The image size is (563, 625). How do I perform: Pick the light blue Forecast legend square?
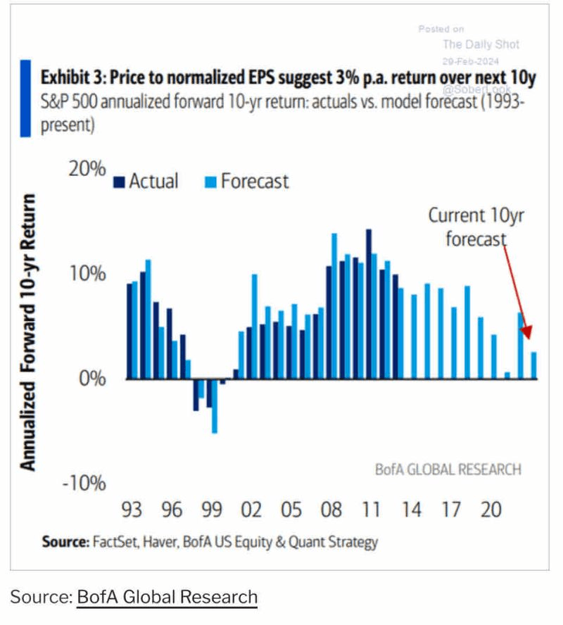[209, 182]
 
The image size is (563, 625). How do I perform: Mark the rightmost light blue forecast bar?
[534, 365]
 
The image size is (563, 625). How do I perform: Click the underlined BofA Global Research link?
[167, 598]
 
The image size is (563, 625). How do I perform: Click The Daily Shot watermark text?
[481, 44]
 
